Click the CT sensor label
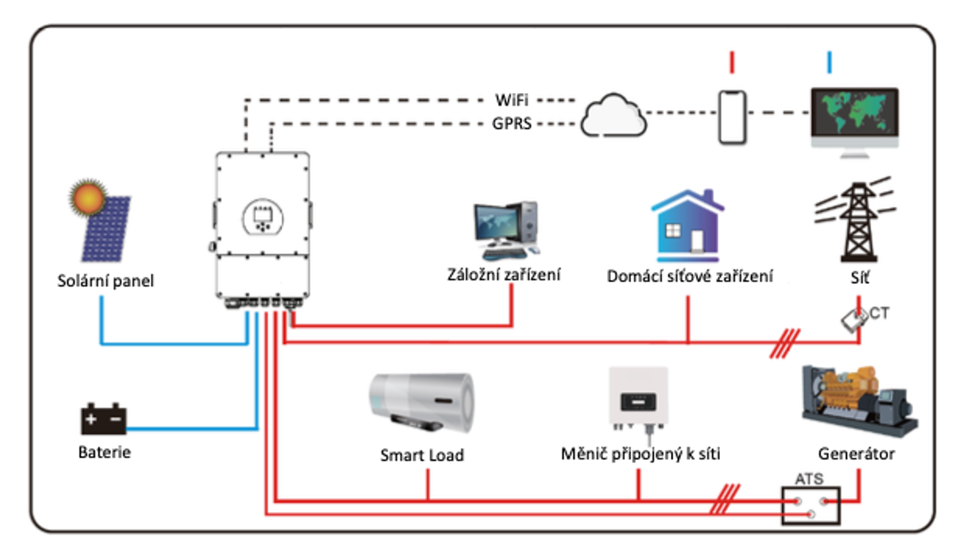(879, 312)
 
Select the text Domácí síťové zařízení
(690, 276)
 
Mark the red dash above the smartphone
(732, 62)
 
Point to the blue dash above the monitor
(829, 62)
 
